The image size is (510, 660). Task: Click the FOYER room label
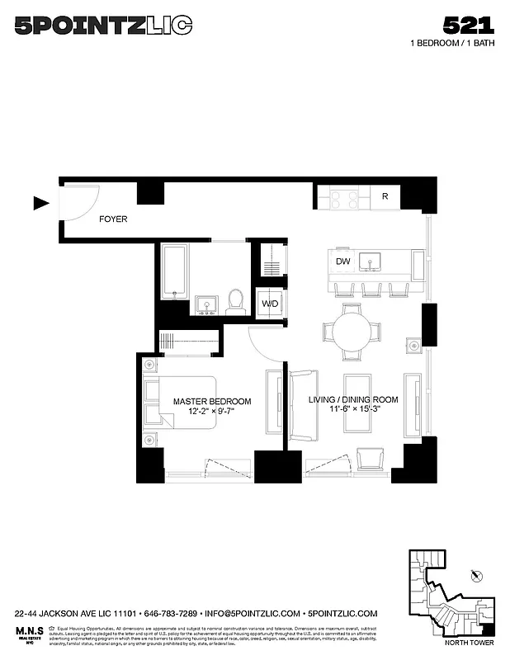pyautogui.click(x=112, y=219)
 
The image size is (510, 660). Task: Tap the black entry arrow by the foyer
pyautogui.click(x=40, y=202)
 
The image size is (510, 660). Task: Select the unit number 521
pyautogui.click(x=468, y=25)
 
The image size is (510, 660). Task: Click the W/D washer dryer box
pyautogui.click(x=270, y=303)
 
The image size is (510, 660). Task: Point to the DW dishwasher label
pyautogui.click(x=343, y=262)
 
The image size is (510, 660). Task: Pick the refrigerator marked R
pyautogui.click(x=385, y=196)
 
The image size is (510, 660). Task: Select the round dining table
pyautogui.click(x=352, y=332)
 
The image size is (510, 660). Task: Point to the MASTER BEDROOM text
pyautogui.click(x=212, y=402)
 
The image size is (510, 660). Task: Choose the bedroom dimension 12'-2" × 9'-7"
pyautogui.click(x=212, y=412)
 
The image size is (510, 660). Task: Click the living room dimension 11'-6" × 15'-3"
pyautogui.click(x=353, y=410)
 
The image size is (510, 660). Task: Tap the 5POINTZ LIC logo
pyautogui.click(x=103, y=26)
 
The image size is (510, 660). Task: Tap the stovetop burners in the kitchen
pyautogui.click(x=345, y=198)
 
